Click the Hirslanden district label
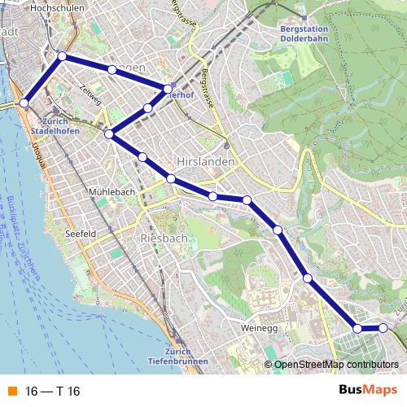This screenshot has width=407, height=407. click(206, 162)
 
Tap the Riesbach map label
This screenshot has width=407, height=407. click(164, 238)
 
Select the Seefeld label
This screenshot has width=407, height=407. click(81, 234)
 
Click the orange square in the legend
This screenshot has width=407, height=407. click(11, 392)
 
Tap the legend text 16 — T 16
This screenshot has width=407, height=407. click(52, 392)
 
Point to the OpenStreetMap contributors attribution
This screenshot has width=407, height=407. click(335, 365)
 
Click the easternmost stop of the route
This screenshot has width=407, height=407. click(383, 328)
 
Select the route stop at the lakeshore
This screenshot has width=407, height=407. click(24, 103)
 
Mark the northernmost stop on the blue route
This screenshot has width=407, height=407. click(62, 56)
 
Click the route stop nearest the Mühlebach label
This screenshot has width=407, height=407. click(142, 156)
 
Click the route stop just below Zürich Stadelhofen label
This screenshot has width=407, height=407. click(108, 133)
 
